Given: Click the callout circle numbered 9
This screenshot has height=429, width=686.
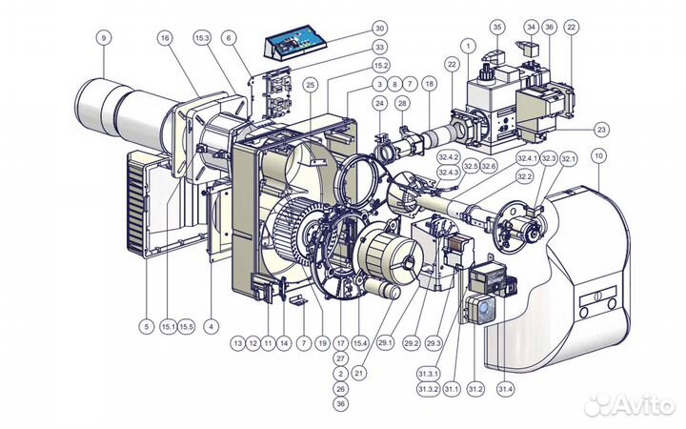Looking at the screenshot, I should [102, 37].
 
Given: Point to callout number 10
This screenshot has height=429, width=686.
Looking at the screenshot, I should [597, 155].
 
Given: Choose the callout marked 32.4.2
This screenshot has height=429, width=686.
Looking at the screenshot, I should [449, 157].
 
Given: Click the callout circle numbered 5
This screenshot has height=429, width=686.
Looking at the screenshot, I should [146, 327].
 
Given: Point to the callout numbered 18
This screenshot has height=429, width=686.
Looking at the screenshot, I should [429, 85].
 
